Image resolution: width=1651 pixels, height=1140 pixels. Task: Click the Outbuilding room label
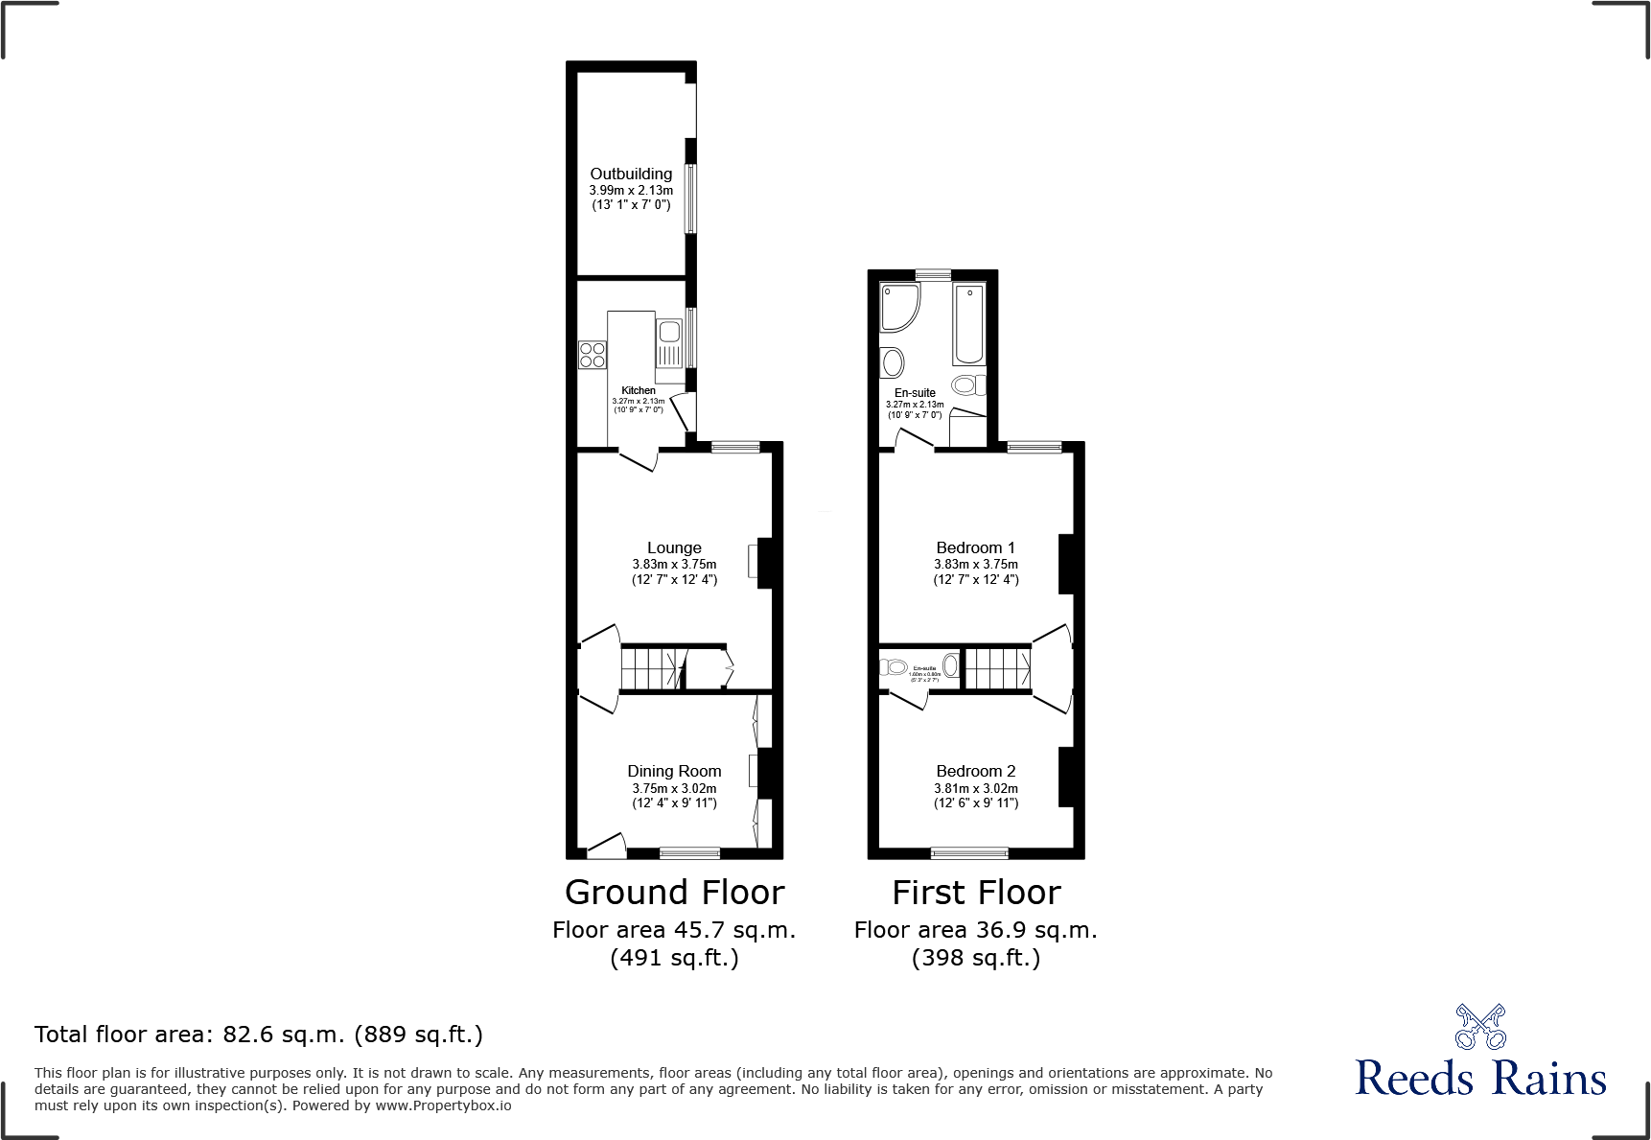(x=630, y=174)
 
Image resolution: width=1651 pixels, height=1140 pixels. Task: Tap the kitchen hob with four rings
(x=592, y=355)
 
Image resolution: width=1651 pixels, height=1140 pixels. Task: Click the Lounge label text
(x=674, y=547)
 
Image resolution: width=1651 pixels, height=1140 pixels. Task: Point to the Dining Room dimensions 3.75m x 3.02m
(x=674, y=788)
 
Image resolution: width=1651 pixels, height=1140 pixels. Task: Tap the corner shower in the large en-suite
(x=898, y=306)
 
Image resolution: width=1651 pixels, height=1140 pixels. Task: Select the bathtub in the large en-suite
(x=968, y=324)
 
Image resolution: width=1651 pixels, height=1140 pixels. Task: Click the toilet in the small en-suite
(x=895, y=666)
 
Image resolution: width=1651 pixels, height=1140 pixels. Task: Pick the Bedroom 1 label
(x=975, y=547)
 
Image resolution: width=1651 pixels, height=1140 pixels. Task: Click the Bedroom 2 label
(x=975, y=771)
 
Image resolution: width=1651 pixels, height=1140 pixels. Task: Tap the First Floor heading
(x=976, y=893)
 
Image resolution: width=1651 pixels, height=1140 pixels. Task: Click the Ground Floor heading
(x=674, y=893)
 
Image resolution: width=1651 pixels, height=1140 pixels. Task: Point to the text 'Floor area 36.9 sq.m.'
(x=975, y=930)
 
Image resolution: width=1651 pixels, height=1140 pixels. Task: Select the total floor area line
(x=259, y=1035)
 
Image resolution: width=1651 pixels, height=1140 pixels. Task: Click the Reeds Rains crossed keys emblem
(x=1480, y=1027)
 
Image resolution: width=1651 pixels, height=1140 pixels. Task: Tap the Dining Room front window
(x=689, y=852)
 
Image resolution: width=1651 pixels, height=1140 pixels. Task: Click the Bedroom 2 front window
(x=969, y=852)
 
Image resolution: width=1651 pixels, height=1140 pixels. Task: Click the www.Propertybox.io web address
(x=443, y=1105)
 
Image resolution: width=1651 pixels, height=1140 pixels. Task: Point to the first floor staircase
(x=997, y=668)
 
